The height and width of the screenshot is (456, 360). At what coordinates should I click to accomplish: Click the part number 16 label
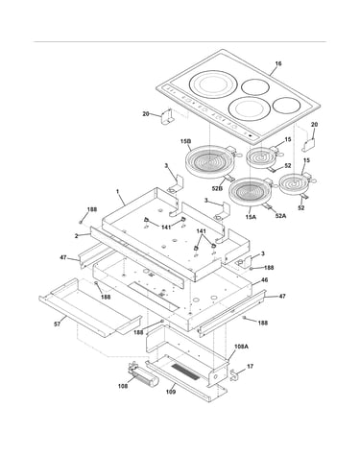[278, 63]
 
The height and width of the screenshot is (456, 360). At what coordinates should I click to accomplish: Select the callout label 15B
[186, 141]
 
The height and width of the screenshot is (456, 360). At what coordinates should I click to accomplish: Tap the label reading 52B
[217, 188]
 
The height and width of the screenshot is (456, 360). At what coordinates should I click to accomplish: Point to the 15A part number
[251, 217]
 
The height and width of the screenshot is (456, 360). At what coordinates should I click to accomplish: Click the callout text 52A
[280, 216]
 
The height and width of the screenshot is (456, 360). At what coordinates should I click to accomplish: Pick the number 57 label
[57, 324]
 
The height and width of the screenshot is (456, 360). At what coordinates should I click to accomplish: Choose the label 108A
[242, 347]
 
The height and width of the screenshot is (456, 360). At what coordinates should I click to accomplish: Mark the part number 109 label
[171, 392]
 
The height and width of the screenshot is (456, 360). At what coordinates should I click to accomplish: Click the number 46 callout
[264, 280]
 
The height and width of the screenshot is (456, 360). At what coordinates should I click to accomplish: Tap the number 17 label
[251, 366]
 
